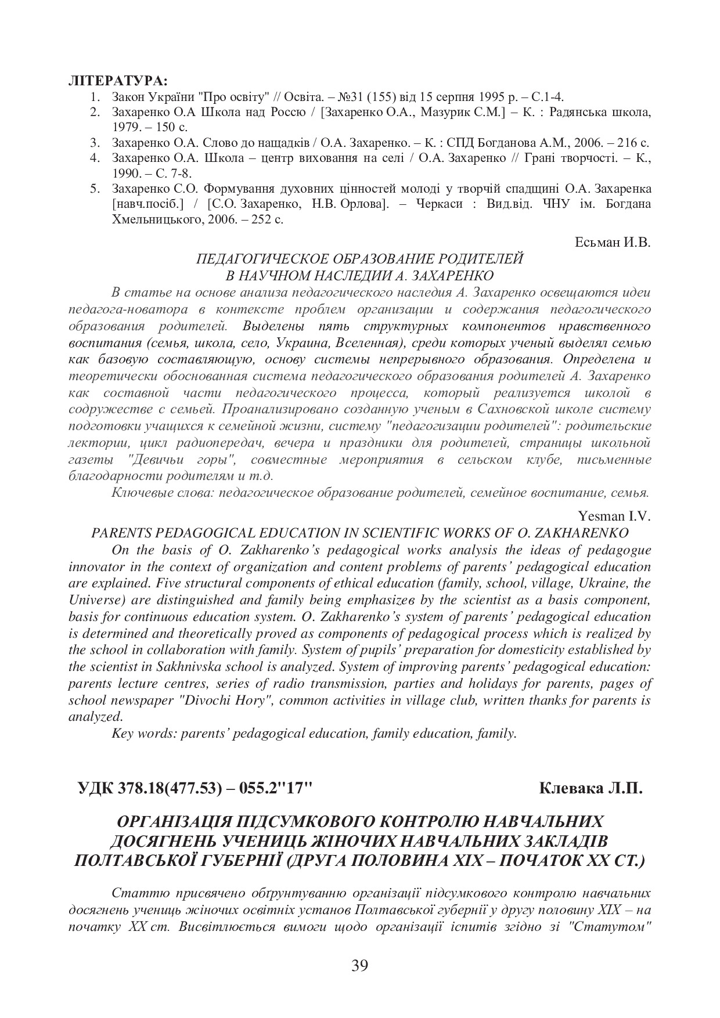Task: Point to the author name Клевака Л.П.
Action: pos(591,788)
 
